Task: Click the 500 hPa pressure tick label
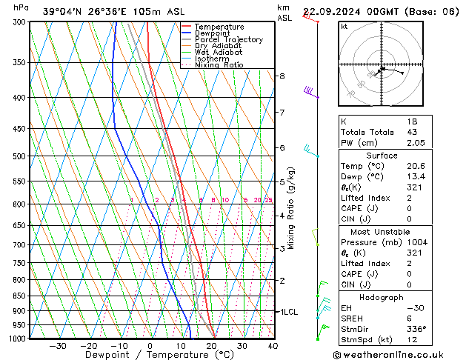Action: coord(19,156)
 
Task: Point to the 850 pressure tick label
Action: coord(19,296)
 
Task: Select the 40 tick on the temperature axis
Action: coord(273,345)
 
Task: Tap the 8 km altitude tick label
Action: coord(282,76)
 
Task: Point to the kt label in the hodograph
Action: coord(344,26)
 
